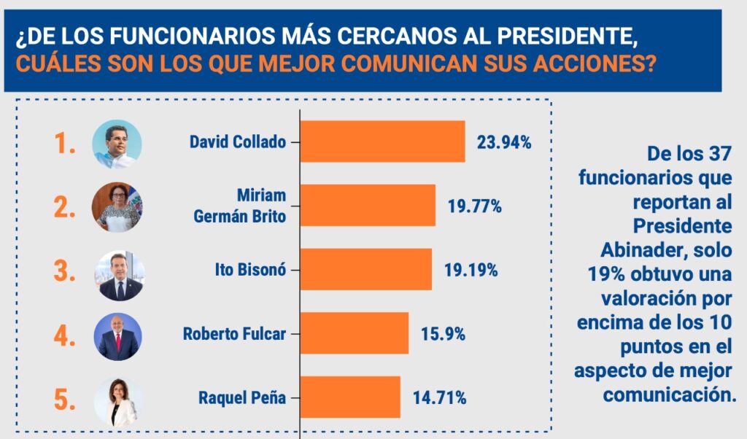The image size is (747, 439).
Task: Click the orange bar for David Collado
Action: point(382,141)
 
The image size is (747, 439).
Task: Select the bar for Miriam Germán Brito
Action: point(368,206)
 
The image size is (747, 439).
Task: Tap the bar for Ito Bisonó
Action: point(365,270)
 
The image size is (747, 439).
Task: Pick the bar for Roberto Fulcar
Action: point(355,333)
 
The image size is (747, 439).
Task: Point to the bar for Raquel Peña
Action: point(350,397)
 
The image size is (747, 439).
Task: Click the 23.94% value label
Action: point(504,142)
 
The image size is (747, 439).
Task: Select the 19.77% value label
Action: point(475,206)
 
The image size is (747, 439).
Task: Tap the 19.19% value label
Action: point(471,271)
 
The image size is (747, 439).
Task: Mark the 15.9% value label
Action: point(443,334)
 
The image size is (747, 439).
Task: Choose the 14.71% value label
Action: point(440,398)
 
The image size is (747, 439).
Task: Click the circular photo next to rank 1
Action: point(117,144)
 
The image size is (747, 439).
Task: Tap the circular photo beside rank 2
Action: point(117,207)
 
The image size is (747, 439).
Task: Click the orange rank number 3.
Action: point(65,271)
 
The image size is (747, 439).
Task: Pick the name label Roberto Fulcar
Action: point(234,335)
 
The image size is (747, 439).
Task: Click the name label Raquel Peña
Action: point(242,398)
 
